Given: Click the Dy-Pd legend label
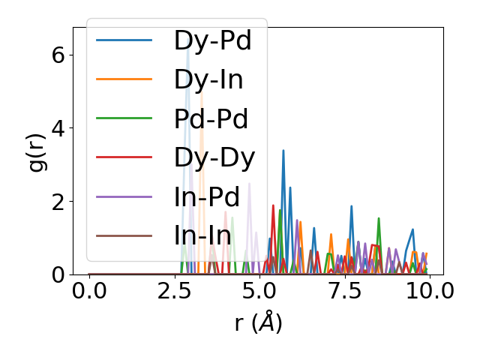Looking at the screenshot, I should click(212, 40).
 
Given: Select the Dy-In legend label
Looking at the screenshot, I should click(208, 79).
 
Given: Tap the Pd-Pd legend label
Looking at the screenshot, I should click(211, 118).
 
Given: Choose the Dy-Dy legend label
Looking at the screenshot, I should click(214, 157).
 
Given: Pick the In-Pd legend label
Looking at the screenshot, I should click(206, 196).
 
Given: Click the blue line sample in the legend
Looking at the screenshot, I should click(124, 40).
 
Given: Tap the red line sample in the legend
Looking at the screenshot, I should click(124, 157).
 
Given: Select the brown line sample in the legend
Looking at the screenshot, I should click(124, 235).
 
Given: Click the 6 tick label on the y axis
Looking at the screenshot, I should click(57, 55).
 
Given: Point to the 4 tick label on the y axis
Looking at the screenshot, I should click(57, 128).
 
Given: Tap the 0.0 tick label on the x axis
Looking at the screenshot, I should click(89, 292).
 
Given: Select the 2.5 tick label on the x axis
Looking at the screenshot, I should click(175, 292).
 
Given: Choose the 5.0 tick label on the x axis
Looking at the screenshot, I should click(259, 292).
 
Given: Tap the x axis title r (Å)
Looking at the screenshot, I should click(259, 322).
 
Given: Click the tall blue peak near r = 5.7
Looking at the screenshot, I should click(283, 151).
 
